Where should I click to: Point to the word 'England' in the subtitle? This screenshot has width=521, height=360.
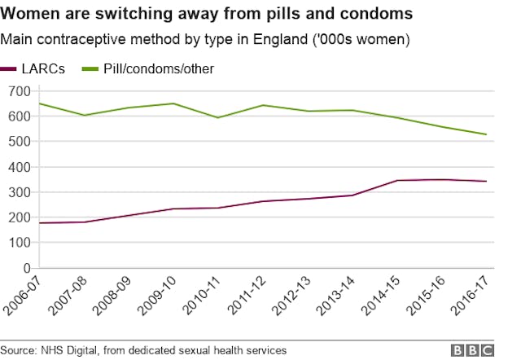click(290, 39)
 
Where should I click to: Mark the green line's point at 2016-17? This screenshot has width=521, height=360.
click(486, 134)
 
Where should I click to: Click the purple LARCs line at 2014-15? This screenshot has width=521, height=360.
click(397, 180)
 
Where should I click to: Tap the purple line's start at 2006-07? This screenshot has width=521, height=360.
click(40, 223)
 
